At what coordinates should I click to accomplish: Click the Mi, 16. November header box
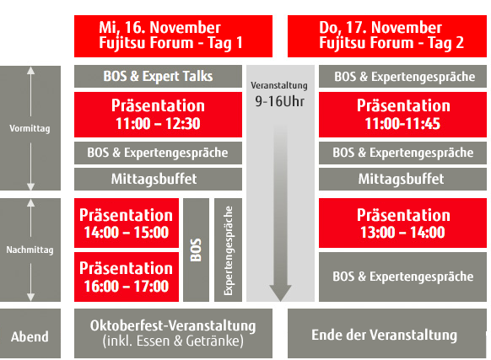(x=173, y=36)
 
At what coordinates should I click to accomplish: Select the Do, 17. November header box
(x=387, y=36)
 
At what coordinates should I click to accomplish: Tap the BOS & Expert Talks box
(x=158, y=77)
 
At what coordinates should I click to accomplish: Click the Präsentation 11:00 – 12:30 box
(x=158, y=115)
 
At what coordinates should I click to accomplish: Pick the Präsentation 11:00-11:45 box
(x=402, y=115)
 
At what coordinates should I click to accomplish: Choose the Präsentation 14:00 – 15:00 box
(x=127, y=223)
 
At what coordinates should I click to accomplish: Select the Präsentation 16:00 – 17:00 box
(x=127, y=277)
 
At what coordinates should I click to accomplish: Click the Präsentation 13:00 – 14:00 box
(x=402, y=223)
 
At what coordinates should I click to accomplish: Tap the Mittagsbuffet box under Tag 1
(x=158, y=179)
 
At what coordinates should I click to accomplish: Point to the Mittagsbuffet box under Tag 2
(x=402, y=179)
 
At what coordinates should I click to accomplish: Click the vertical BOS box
(x=196, y=250)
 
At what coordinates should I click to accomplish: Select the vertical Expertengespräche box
(x=229, y=250)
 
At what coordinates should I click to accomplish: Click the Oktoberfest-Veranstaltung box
(x=173, y=333)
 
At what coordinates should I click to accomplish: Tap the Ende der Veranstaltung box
(x=387, y=333)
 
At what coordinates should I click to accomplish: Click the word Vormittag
(x=30, y=128)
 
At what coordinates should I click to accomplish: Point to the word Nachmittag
(x=30, y=250)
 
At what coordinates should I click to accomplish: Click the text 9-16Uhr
(x=279, y=101)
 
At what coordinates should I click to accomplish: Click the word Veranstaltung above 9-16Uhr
(x=279, y=85)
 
